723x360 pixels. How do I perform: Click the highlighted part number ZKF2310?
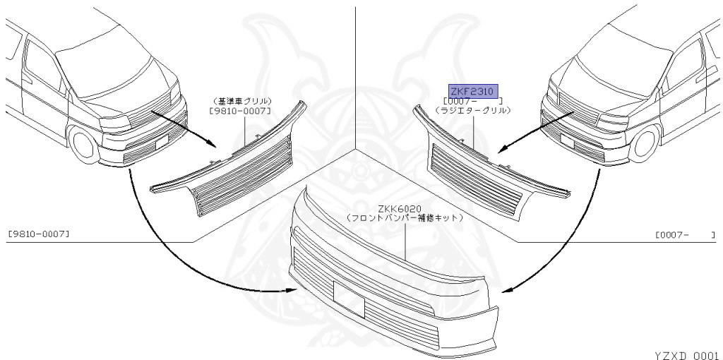(x=474, y=90)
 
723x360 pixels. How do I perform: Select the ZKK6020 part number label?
(x=400, y=208)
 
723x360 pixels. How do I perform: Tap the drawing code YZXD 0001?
(x=685, y=354)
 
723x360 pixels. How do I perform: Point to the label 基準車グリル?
(x=243, y=101)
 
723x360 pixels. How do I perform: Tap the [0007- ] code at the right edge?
(x=683, y=233)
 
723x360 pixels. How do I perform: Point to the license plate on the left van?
(x=161, y=140)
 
